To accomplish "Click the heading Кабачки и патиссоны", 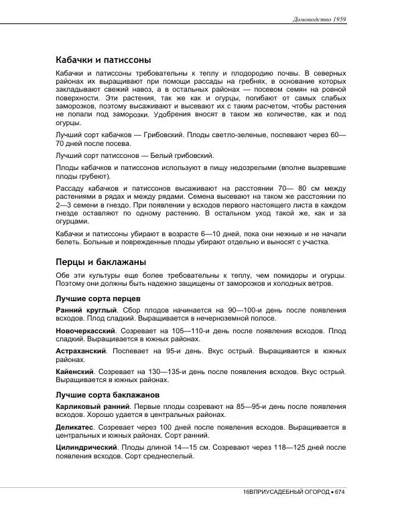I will pyautogui.click(x=103, y=59).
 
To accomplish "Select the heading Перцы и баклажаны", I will pyautogui.click(x=100, y=262).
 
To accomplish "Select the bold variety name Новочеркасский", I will pyautogui.click(x=85, y=331).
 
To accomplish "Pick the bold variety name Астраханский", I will pyautogui.click(x=82, y=350).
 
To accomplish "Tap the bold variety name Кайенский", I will pyautogui.click(x=75, y=370).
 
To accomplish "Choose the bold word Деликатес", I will pyautogui.click(x=75, y=427).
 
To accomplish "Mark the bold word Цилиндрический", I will pyautogui.click(x=86, y=447).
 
